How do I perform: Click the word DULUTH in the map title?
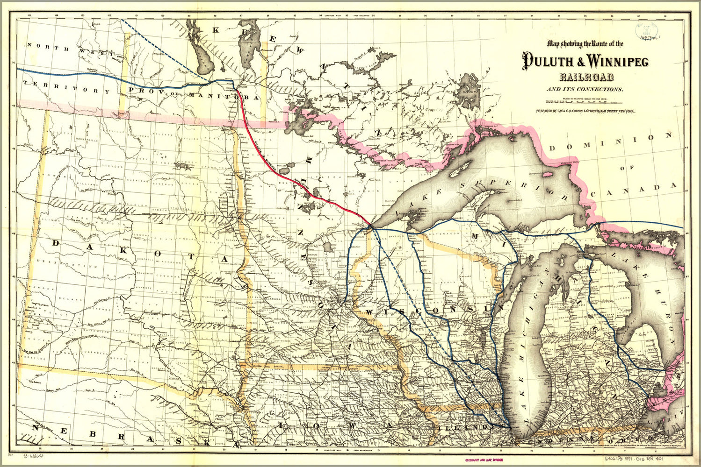544,61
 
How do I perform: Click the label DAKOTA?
140,252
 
